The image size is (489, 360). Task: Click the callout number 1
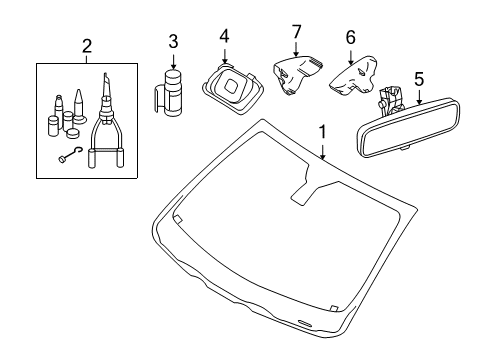pyautogui.click(x=322, y=132)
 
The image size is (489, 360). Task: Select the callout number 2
pyautogui.click(x=87, y=46)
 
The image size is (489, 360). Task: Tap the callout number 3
pyautogui.click(x=173, y=42)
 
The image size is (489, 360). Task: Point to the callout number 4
pyautogui.click(x=224, y=36)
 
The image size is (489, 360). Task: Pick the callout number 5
pyautogui.click(x=419, y=79)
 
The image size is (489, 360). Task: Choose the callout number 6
pyautogui.click(x=350, y=37)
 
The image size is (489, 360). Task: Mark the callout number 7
pyautogui.click(x=296, y=32)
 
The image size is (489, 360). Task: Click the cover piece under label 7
pyautogui.click(x=295, y=75)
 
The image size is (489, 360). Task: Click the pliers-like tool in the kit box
pyautogui.click(x=106, y=123)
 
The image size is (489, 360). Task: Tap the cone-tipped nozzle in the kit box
pyautogui.click(x=79, y=106)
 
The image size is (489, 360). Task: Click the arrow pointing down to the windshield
pyautogui.click(x=322, y=150)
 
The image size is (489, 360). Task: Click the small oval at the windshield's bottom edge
pyautogui.click(x=304, y=322)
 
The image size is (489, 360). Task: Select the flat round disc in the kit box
pyautogui.click(x=74, y=133)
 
